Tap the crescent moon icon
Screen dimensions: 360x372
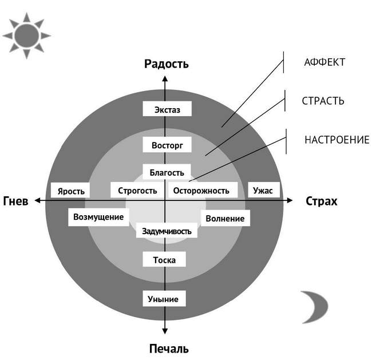(314, 307)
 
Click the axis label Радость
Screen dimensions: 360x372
(166, 64)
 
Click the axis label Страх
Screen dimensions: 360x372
(322, 201)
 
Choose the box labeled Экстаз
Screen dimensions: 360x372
(166, 109)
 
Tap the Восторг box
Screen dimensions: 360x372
(166, 145)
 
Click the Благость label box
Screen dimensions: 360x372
(167, 172)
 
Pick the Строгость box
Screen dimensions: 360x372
(137, 191)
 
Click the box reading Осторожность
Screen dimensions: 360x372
(201, 191)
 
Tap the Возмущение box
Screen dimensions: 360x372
(99, 217)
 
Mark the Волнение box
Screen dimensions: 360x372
(224, 218)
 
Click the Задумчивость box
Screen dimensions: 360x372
(167, 232)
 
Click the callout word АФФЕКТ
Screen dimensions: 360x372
(324, 62)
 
